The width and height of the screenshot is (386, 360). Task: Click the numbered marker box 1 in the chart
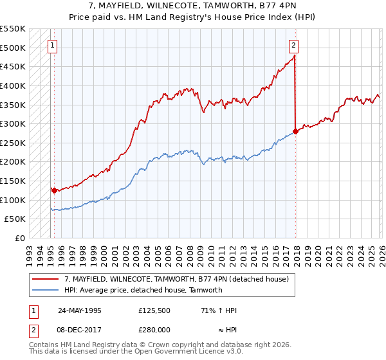point(51,45)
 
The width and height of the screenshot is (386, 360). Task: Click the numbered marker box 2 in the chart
point(293,45)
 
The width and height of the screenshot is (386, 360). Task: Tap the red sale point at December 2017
point(295,131)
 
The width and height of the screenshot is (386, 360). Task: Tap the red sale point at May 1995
point(54,190)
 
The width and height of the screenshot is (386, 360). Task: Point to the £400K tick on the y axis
point(13,85)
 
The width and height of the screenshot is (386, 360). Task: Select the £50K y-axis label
point(15,219)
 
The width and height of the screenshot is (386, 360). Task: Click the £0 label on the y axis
point(19,239)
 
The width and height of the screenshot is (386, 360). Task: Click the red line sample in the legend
point(46,279)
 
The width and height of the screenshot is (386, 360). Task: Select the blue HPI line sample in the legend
point(46,290)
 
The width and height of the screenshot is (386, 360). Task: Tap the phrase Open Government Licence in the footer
point(172,353)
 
